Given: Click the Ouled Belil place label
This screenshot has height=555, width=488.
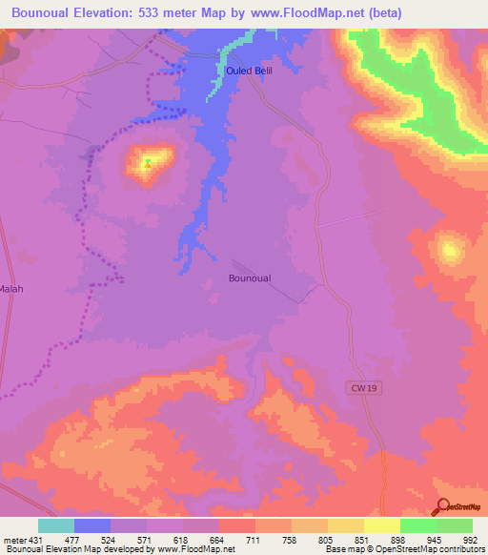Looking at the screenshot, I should point(251,72).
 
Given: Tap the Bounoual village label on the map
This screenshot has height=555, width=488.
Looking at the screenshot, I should point(250,278).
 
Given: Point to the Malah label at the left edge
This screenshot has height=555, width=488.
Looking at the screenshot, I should point(10,288).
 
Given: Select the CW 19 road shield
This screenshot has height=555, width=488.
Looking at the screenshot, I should point(358,386).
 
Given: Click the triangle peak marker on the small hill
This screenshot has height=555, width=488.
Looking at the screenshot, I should point(148,164).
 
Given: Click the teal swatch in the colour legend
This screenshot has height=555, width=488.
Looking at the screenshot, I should point(56,525).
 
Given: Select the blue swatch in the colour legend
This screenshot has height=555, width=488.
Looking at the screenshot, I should point(92,525).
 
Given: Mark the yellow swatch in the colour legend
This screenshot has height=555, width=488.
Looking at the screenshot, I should point(382,525).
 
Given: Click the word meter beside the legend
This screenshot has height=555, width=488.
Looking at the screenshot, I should point(13,539).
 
